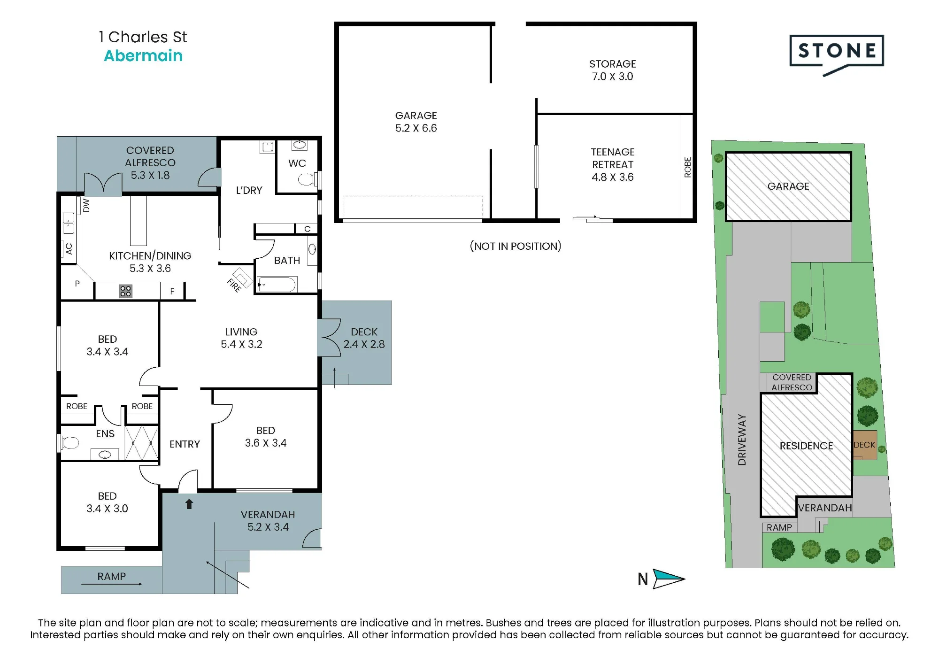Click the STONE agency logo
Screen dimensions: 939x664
coord(837,54)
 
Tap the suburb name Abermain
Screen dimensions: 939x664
coord(143,56)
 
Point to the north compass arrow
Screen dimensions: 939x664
coord(669,579)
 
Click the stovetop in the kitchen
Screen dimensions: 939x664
coord(125,291)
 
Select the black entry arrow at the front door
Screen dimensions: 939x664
coord(189,504)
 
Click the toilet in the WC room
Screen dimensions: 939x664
coord(308,179)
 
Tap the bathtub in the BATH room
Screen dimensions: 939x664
coord(277,285)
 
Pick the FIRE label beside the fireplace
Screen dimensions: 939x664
coord(234,285)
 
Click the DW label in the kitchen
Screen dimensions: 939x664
coord(86,205)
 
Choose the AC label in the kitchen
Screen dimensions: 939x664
coord(69,248)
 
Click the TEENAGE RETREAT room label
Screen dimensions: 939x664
coord(613,158)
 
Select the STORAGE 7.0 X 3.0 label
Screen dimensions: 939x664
coord(613,70)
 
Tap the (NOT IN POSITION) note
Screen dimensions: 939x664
coord(516,246)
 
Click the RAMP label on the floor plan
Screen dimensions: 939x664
coord(112,576)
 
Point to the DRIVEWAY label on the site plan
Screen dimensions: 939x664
coord(742,440)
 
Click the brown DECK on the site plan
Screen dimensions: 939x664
coord(865,445)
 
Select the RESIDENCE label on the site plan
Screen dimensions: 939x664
coord(807,446)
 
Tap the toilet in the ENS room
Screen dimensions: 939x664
coord(69,443)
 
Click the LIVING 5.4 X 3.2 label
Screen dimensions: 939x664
coord(241,338)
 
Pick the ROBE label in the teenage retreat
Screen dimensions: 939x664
coord(688,167)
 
